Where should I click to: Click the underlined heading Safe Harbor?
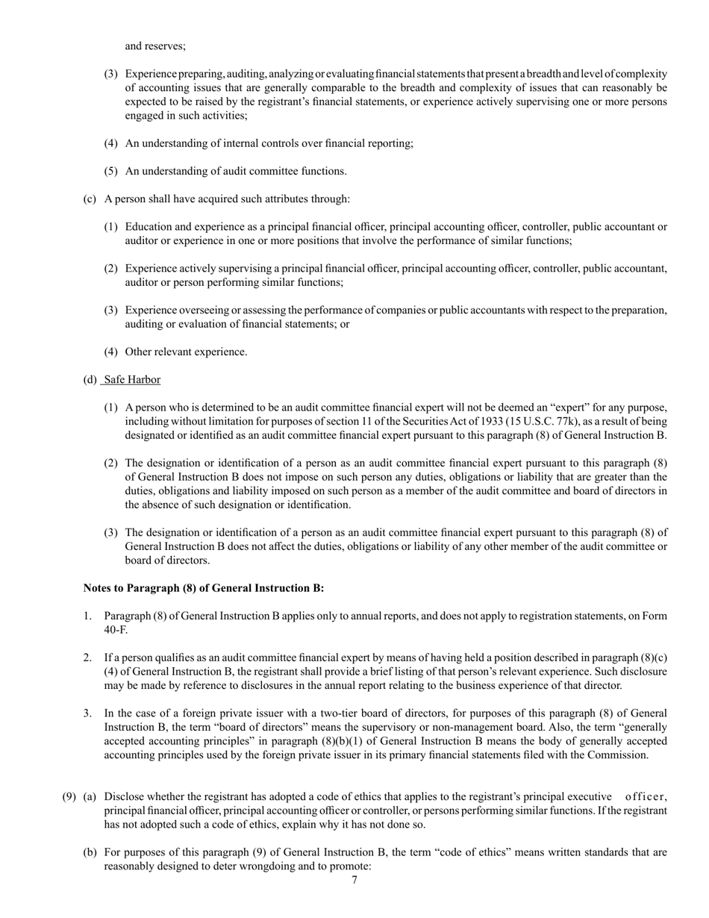click(132, 380)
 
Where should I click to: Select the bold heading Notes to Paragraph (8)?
click(203, 588)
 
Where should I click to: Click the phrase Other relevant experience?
click(186, 352)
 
